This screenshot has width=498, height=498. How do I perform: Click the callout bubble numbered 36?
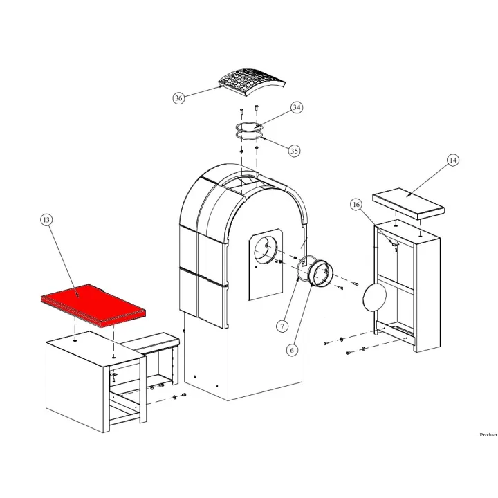click(x=179, y=98)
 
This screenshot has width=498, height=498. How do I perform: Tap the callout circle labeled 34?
click(x=296, y=107)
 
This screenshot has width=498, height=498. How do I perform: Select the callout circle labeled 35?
click(x=295, y=151)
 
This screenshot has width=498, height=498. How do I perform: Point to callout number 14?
click(x=453, y=160)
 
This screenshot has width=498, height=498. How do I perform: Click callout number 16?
click(x=356, y=205)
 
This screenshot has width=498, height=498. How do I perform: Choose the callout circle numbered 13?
click(x=46, y=220)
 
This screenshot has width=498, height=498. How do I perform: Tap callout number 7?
click(x=282, y=326)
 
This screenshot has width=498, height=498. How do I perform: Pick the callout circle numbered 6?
click(x=292, y=350)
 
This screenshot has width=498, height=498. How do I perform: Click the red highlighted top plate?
click(x=93, y=305)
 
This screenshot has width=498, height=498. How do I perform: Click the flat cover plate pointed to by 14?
click(x=408, y=203)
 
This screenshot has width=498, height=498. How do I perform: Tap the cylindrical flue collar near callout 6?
click(x=321, y=273)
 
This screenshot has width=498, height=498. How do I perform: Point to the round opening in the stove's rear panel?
click(x=266, y=251)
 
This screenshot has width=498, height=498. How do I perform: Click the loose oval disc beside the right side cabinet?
click(x=375, y=296)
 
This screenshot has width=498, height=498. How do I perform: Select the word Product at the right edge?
click(x=488, y=434)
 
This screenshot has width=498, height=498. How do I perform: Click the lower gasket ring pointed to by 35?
click(x=250, y=136)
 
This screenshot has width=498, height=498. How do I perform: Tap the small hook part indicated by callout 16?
click(x=395, y=245)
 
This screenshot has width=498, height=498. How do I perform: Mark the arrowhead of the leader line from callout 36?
click(x=223, y=86)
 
